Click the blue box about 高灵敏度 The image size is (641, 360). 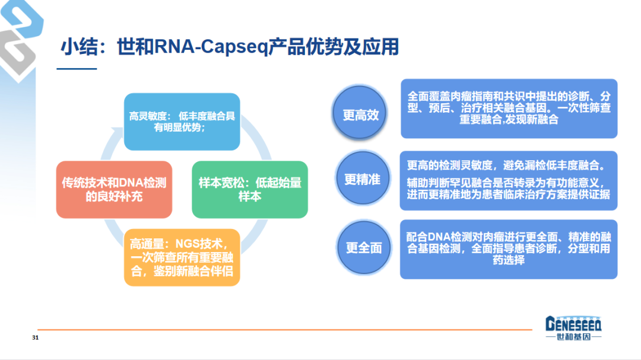coord(182,122)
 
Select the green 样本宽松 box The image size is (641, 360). coord(249,189)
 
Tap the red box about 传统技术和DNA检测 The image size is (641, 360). coord(114,189)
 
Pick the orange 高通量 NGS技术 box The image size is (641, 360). coord(182,257)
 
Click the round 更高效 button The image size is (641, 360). coord(360,114)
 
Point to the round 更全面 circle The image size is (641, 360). coord(363,247)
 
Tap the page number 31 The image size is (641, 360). coord(35,338)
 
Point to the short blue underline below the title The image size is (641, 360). coord(77,69)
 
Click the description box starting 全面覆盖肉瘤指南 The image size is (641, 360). coord(509,108)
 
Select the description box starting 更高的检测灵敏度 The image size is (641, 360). coord(508,180)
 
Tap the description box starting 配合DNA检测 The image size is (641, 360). coord(508,249)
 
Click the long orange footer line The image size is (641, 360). coord(285,329)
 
